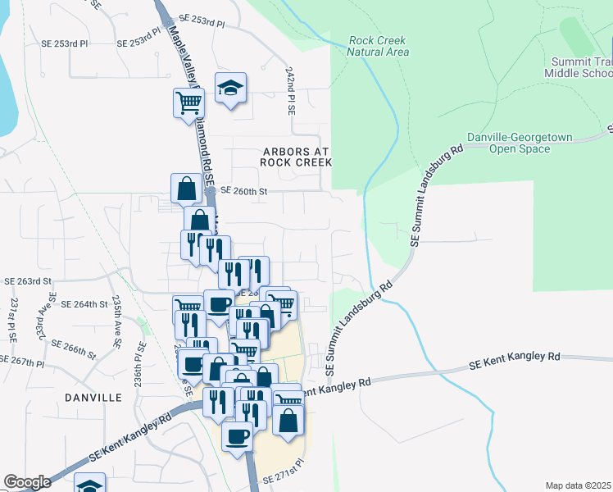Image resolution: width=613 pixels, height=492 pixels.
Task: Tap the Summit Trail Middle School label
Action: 579,66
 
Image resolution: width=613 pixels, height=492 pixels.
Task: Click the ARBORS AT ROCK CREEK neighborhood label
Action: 296,157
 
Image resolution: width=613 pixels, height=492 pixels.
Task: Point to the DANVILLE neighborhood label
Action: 93,398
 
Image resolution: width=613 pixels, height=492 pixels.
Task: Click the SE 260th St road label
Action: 244,191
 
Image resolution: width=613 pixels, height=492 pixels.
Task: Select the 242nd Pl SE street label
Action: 290,90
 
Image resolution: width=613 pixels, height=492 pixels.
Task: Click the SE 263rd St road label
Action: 27,280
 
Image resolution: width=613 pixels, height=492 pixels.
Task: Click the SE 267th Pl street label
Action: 21,361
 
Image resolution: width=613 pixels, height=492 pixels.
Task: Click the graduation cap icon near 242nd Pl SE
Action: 231,87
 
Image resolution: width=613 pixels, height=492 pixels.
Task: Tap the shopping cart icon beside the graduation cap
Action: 188,102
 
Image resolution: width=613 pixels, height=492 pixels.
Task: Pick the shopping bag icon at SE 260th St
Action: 187,188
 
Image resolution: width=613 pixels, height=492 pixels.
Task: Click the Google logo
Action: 27,482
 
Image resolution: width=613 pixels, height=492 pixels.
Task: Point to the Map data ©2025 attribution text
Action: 578,485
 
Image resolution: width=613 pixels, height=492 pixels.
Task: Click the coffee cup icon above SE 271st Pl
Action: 238,435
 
